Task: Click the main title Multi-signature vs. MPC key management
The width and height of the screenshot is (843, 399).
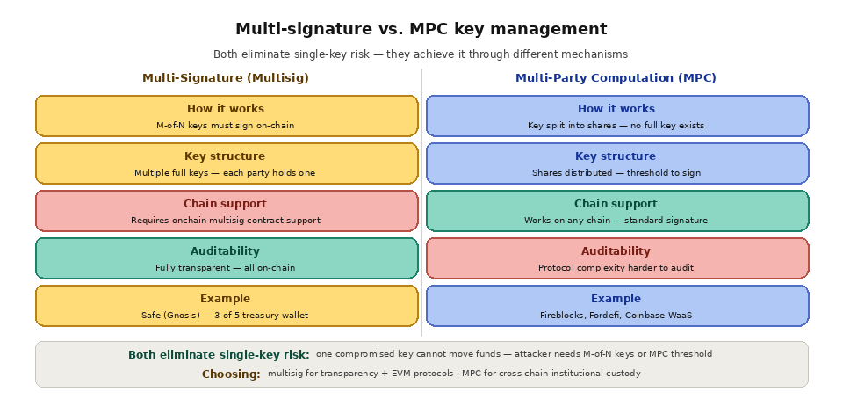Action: (421, 29)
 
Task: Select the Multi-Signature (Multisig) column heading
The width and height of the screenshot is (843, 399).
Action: (226, 78)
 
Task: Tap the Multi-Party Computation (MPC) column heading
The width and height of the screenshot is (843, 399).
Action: (616, 78)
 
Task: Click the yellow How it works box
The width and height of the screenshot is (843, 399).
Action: (227, 116)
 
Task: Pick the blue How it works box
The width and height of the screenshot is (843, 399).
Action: (616, 116)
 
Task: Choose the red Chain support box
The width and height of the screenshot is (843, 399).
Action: (227, 211)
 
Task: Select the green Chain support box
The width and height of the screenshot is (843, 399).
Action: (616, 211)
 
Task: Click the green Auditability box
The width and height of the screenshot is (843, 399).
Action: (227, 258)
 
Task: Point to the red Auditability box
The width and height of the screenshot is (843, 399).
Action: (616, 258)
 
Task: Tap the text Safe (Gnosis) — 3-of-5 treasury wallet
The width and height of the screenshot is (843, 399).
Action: (225, 316)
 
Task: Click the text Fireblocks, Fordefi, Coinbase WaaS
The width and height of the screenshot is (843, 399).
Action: (616, 316)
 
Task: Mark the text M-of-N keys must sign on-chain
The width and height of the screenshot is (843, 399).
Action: (226, 126)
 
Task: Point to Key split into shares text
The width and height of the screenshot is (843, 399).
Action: (616, 126)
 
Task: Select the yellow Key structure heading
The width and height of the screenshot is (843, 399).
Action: (225, 156)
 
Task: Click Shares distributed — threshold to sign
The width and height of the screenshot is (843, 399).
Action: (616, 173)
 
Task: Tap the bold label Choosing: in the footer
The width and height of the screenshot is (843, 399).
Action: (231, 374)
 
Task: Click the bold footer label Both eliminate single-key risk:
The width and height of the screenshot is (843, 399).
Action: (219, 355)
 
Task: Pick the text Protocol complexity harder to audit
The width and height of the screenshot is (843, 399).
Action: (616, 268)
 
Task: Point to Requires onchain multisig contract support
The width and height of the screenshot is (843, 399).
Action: (226, 221)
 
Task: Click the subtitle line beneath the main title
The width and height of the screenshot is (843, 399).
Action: (421, 54)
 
